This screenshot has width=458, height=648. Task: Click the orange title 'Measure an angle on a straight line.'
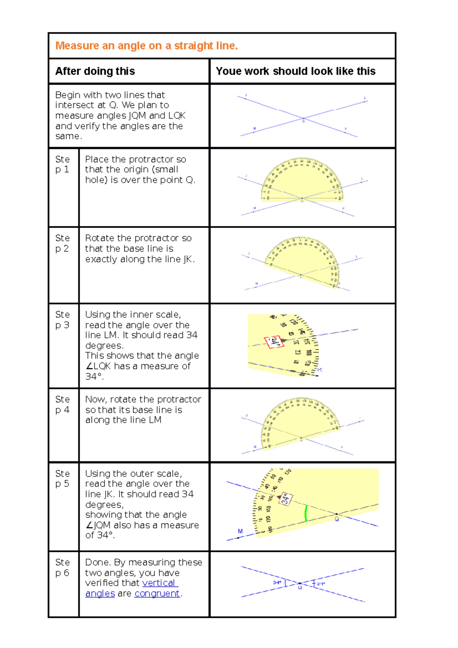(x=147, y=46)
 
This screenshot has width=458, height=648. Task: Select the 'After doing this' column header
(x=95, y=71)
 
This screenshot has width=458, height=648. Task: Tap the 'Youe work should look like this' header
(x=295, y=71)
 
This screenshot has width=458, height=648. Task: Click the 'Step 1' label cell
(x=63, y=164)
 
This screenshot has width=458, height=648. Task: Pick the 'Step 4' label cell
(x=63, y=405)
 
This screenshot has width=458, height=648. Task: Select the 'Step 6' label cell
(x=63, y=567)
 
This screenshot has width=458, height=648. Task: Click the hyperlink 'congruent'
(x=157, y=594)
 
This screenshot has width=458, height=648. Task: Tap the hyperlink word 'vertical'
(x=159, y=583)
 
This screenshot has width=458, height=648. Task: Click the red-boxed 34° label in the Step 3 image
(x=274, y=342)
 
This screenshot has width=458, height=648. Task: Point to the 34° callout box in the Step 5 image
(x=286, y=499)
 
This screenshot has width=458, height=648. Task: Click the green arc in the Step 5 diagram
(x=306, y=514)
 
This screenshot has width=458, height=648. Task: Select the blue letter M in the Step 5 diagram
(x=240, y=531)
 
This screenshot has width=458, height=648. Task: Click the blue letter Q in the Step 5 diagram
(x=337, y=519)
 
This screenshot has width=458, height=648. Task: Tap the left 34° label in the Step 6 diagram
(x=277, y=583)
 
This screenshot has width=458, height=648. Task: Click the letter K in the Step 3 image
(x=320, y=370)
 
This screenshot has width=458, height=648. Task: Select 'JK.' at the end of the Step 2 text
(x=189, y=260)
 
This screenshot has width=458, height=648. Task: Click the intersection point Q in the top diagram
(x=303, y=119)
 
